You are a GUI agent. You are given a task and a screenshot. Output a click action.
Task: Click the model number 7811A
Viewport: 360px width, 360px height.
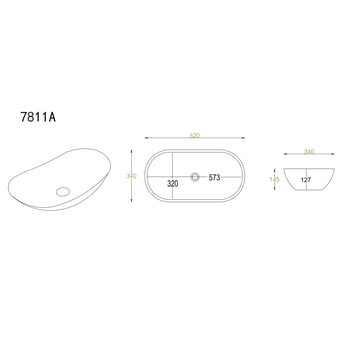coord(38,117)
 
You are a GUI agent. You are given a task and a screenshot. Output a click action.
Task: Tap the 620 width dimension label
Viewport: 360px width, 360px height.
coord(195,135)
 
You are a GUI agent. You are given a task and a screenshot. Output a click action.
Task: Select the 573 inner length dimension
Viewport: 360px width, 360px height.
coord(214,177)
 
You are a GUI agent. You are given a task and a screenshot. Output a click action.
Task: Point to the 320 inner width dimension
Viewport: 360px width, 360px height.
coord(173,184)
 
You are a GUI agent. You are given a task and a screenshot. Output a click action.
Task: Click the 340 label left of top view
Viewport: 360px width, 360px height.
coord(131,176)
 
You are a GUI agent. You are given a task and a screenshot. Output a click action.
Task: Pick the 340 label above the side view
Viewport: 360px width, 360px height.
coord(309,152)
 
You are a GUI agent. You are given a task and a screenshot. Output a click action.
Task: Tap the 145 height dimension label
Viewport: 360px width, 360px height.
coord(274,179)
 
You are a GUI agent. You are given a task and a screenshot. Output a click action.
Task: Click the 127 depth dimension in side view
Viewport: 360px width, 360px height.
coord(306,180)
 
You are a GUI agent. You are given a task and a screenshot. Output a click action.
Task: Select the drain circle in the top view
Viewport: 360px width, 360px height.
coord(195,177)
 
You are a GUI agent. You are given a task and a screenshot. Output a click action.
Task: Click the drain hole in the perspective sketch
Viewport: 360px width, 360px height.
coord(63,192)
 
